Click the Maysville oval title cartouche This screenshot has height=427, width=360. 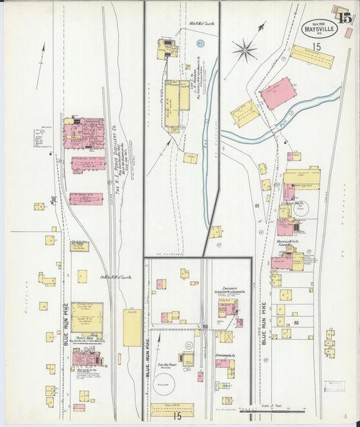point(319,28)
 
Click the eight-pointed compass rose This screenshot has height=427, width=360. point(245,49)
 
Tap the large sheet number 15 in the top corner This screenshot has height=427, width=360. point(344,18)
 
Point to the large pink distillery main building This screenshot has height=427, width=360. point(84,133)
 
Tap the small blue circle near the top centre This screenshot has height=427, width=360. point(200,43)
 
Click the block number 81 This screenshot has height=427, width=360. point(257,205)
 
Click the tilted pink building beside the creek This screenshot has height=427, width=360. point(278,93)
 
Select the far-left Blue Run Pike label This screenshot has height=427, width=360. point(66,325)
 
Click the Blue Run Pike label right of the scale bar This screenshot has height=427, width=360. point(263,323)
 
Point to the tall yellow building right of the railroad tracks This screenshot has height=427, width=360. point(132,328)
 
